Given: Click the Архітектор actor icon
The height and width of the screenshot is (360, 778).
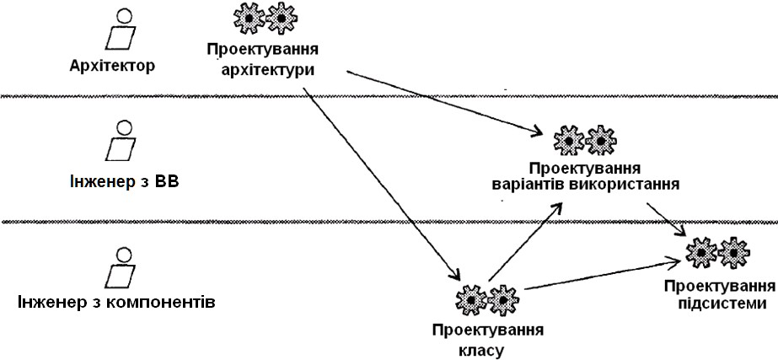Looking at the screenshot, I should click(x=121, y=30).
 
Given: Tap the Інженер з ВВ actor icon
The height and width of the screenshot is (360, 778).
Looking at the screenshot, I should click(x=121, y=142).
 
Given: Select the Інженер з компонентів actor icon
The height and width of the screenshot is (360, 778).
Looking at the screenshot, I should click(x=121, y=266).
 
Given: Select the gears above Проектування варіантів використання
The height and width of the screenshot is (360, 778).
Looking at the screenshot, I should click(x=582, y=140).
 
